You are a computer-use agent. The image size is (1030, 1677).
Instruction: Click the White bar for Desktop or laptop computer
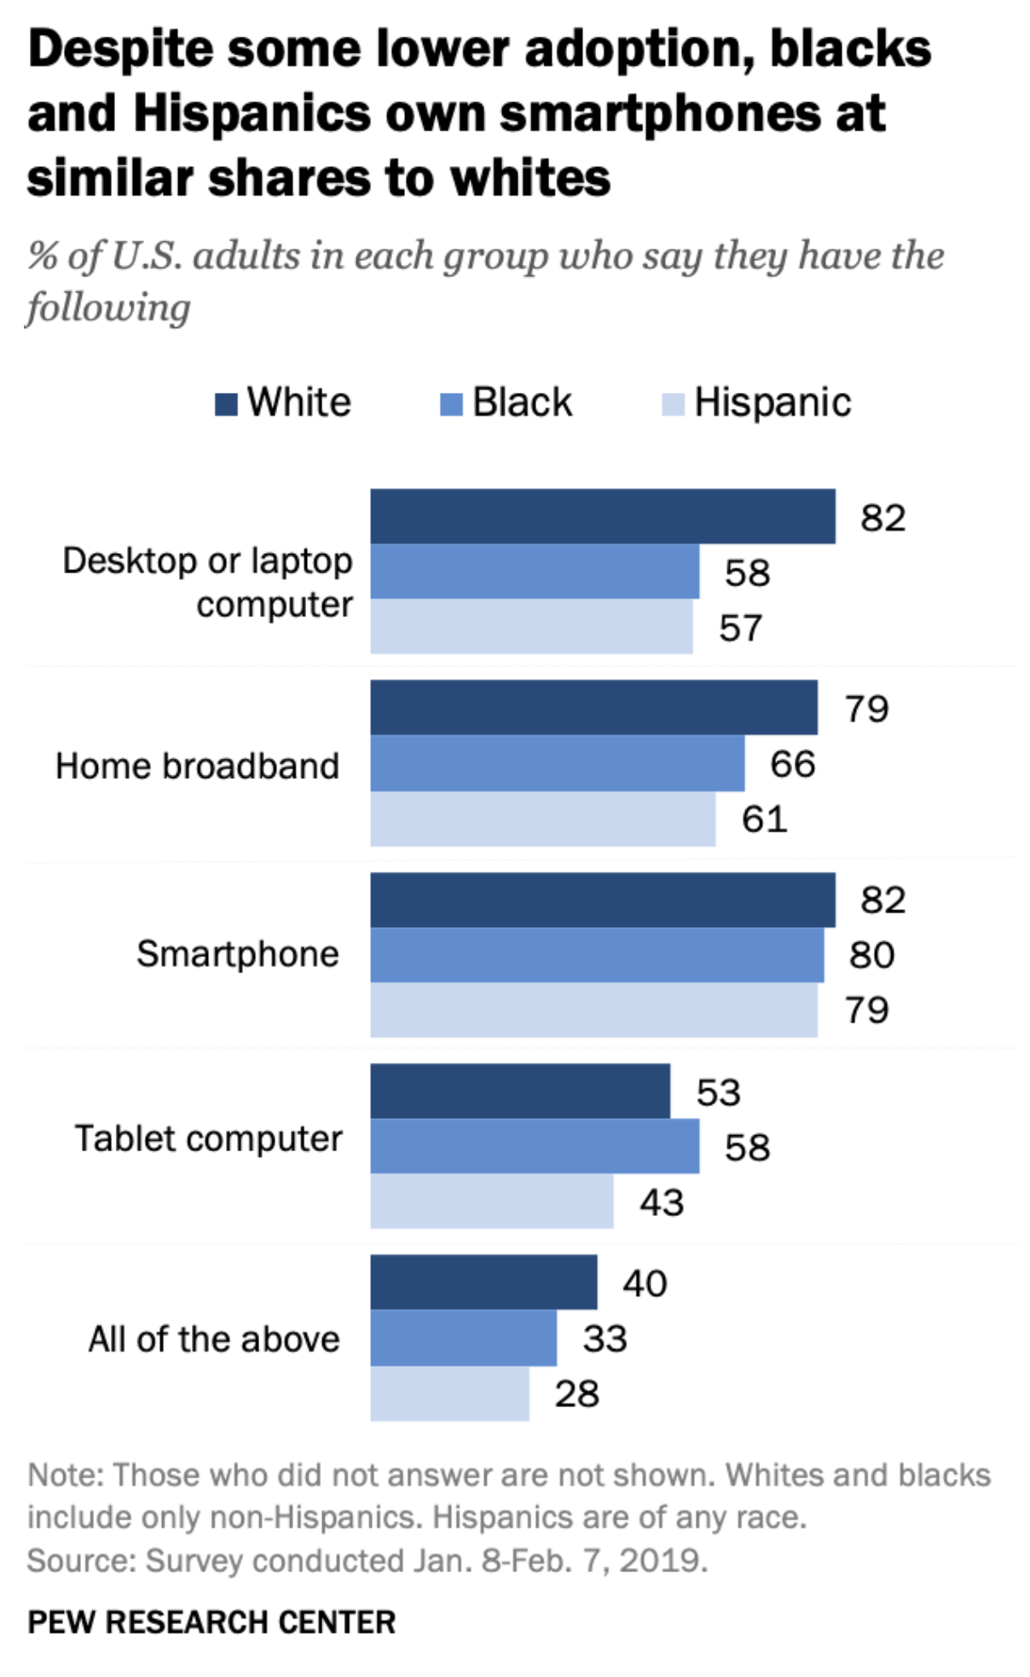pyautogui.click(x=602, y=516)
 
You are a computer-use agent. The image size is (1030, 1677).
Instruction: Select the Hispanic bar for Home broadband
pyautogui.click(x=542, y=818)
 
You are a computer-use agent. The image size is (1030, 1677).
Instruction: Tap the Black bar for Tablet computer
pyautogui.click(x=534, y=1145)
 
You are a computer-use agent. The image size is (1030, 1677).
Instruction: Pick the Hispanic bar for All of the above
pyautogui.click(x=449, y=1392)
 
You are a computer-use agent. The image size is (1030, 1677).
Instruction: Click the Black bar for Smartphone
pyautogui.click(x=597, y=954)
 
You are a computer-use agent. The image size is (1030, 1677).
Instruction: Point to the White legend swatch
pyautogui.click(x=226, y=403)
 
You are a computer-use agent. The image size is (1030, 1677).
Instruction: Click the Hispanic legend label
pyautogui.click(x=772, y=402)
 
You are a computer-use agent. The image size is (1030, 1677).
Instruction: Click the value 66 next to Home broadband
pyautogui.click(x=792, y=764)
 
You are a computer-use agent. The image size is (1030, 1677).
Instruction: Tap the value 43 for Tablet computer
pyautogui.click(x=662, y=1202)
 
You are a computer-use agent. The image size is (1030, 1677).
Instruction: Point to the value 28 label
pyautogui.click(x=576, y=1393)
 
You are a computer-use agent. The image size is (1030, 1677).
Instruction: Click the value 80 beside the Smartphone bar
pyautogui.click(x=871, y=954)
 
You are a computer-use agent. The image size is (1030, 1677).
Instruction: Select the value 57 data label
pyautogui.click(x=739, y=627)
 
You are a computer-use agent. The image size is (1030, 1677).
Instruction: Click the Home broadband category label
pyautogui.click(x=197, y=765)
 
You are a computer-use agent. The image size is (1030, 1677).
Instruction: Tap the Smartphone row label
pyautogui.click(x=237, y=954)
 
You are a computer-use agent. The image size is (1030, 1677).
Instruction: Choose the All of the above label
pyautogui.click(x=214, y=1339)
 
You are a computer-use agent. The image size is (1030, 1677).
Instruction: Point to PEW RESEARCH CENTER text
pyautogui.click(x=211, y=1622)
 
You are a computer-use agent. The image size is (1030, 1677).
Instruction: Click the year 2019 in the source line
pyautogui.click(x=662, y=1560)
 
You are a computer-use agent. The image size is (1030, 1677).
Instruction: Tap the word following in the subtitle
pyautogui.click(x=108, y=307)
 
